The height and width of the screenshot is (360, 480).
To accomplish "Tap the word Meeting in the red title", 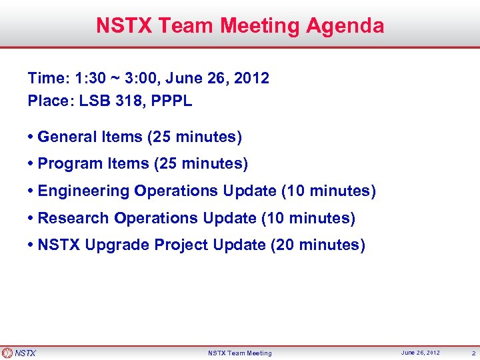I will point(261,26).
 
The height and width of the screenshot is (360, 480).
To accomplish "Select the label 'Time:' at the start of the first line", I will point(48,79).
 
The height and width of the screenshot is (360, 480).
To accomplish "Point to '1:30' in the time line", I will point(91,79).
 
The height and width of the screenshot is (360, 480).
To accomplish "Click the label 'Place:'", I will point(51,101).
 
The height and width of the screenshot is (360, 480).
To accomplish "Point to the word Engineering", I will point(83,191).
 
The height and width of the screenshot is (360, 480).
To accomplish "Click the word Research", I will point(73,218).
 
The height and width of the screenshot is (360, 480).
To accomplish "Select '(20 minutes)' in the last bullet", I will point(318,245).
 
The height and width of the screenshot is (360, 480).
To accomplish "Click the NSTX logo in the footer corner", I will point(19,353).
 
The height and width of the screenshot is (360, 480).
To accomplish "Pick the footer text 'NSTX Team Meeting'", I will point(240,353).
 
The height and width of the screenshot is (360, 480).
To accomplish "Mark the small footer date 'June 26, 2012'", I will point(421,353).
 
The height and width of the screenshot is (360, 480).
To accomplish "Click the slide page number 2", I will point(473,353).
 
